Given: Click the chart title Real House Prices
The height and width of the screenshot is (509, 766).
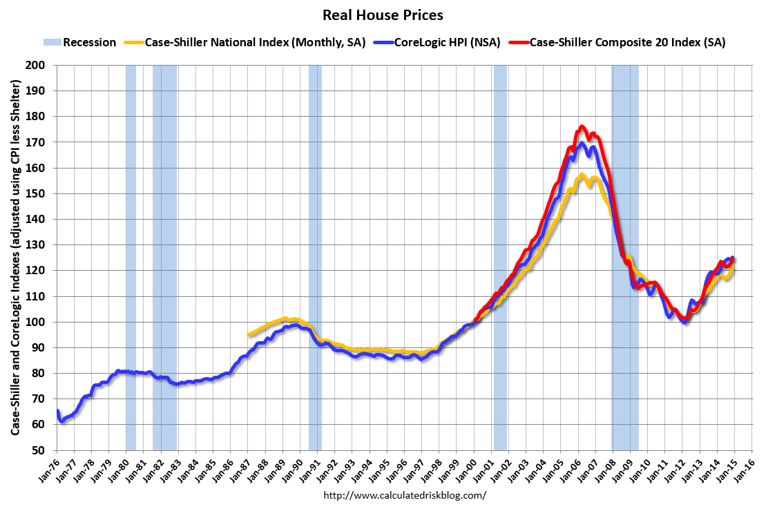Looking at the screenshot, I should click(382, 15).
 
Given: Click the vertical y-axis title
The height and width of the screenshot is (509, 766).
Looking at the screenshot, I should click(15, 257).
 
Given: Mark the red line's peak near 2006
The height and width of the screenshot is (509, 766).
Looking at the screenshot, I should click(582, 126).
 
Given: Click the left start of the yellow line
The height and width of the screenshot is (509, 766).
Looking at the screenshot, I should click(248, 335).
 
